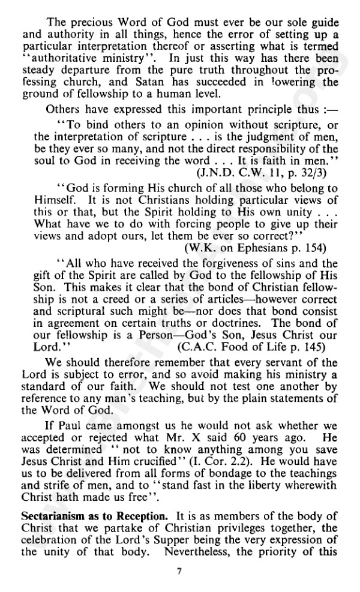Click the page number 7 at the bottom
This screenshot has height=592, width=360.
(x=178, y=570)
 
